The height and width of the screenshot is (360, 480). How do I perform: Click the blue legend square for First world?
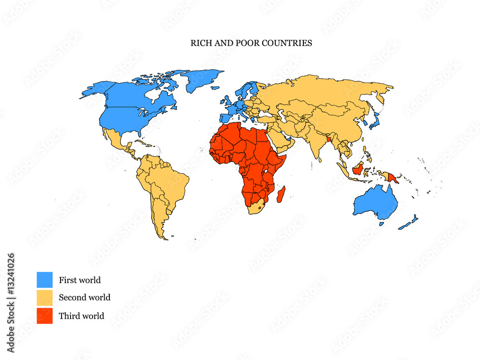click(45, 280)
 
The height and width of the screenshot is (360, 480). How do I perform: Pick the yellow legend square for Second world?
click(45, 298)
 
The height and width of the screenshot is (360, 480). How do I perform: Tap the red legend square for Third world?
click(45, 316)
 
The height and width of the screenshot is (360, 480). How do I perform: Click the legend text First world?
click(80, 280)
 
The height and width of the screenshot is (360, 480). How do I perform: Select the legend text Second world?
click(84, 298)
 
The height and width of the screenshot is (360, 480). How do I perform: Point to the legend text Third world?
click(81, 316)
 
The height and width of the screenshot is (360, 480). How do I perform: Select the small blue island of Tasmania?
click(382, 224)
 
